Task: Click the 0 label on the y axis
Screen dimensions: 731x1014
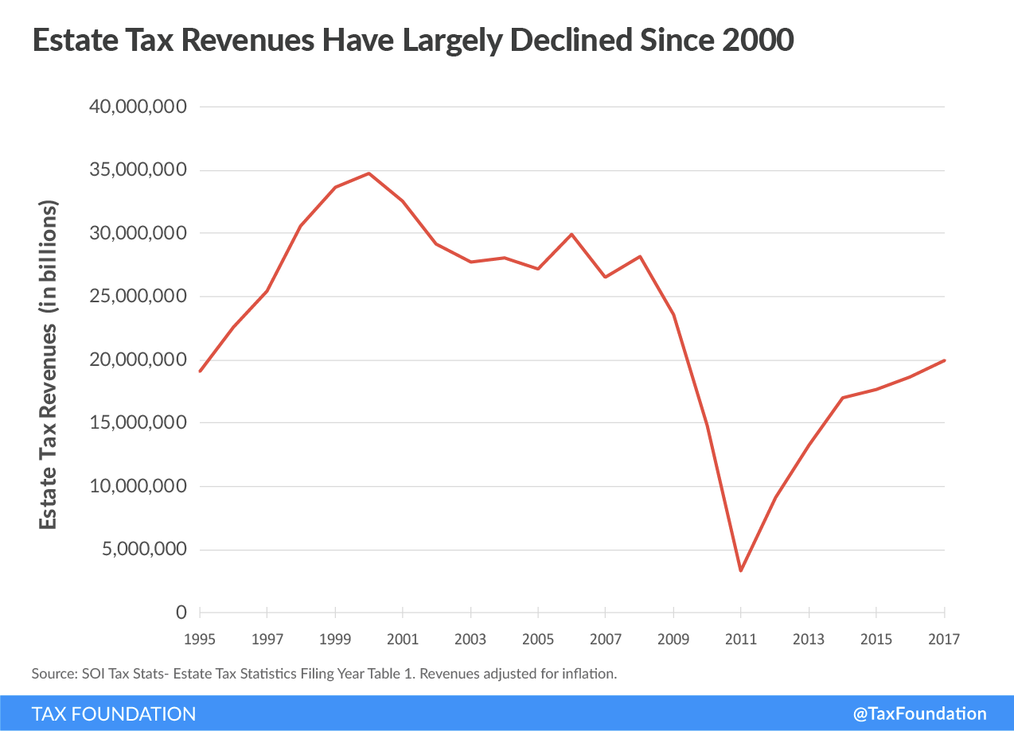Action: point(181,613)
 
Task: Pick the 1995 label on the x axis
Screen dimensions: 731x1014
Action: point(200,639)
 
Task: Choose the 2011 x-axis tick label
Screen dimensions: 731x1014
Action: point(741,639)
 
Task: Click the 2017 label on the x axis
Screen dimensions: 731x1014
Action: point(944,639)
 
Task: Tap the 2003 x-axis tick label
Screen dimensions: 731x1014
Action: point(470,639)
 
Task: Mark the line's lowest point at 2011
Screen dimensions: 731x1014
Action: point(741,570)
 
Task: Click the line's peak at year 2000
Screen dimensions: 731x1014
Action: point(369,173)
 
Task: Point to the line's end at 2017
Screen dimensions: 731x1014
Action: point(944,360)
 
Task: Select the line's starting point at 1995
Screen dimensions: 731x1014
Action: point(200,371)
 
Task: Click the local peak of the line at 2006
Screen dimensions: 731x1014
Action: point(571,235)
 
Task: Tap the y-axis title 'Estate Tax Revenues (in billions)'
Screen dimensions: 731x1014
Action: point(49,364)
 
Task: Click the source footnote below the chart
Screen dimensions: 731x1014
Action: point(325,674)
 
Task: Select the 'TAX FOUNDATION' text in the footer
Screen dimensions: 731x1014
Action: point(114,714)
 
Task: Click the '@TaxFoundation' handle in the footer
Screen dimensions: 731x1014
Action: point(919,714)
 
